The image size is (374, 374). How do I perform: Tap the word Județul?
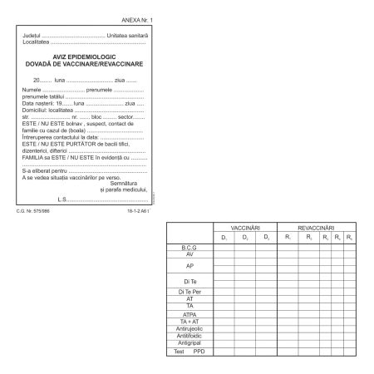click(x=32, y=36)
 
